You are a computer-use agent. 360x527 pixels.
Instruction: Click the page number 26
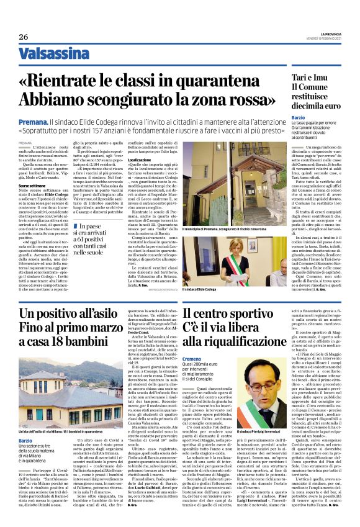point(24,37)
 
